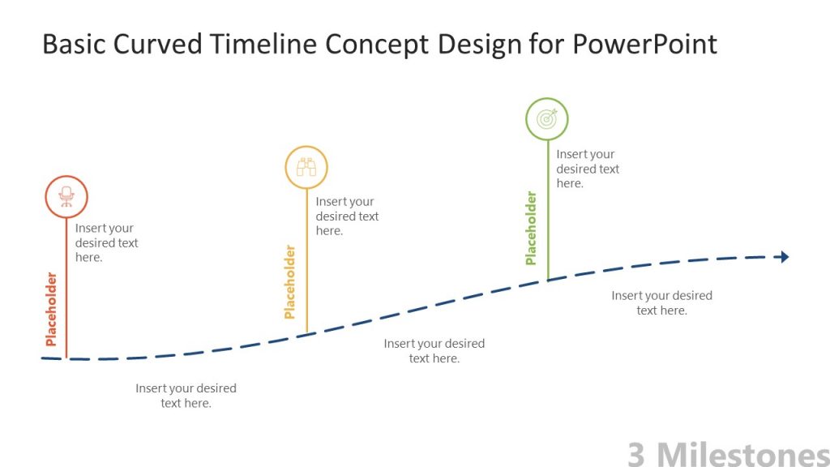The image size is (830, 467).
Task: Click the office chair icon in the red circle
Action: pyautogui.click(x=66, y=196)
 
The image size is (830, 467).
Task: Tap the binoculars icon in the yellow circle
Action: pyautogui.click(x=306, y=168)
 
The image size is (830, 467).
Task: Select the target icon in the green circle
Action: pyautogui.click(x=547, y=119)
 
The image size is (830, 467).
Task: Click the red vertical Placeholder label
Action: pyautogui.click(x=52, y=309)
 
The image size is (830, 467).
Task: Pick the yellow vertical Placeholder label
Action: pyautogui.click(x=290, y=282)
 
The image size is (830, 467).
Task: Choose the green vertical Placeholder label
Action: pyautogui.click(x=531, y=228)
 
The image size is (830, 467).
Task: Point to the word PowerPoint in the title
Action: pyautogui.click(x=644, y=44)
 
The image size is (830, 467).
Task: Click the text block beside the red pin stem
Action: pyautogui.click(x=106, y=242)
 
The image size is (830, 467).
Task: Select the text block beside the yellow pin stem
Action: pyautogui.click(x=347, y=216)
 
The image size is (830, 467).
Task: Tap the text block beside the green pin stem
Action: pyautogui.click(x=588, y=169)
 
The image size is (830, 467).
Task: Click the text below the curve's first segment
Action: pyautogui.click(x=186, y=396)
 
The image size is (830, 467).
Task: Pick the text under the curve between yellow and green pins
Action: pyautogui.click(x=434, y=350)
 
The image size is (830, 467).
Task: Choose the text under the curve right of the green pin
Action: pyautogui.click(x=661, y=302)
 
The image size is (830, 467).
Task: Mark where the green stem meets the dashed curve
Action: pyautogui.click(x=548, y=280)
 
